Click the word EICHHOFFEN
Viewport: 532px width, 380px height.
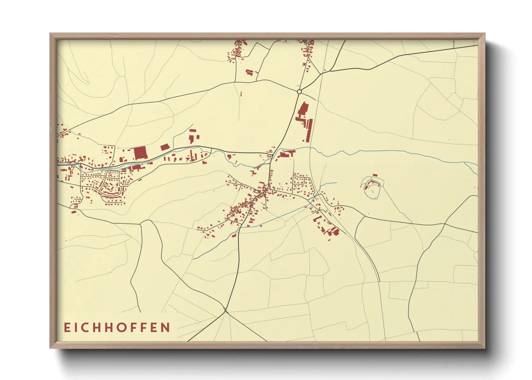click(117, 328)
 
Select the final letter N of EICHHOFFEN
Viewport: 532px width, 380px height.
click(166, 328)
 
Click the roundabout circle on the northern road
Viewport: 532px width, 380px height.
click(299, 92)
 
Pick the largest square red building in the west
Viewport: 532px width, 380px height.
click(141, 153)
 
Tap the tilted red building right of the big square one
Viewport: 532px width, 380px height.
click(164, 147)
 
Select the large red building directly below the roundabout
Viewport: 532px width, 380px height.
click(303, 108)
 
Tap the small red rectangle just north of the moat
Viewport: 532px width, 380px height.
click(376, 175)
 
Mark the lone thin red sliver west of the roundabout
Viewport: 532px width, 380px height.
click(241, 94)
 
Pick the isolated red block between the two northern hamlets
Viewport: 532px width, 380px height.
click(249, 72)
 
